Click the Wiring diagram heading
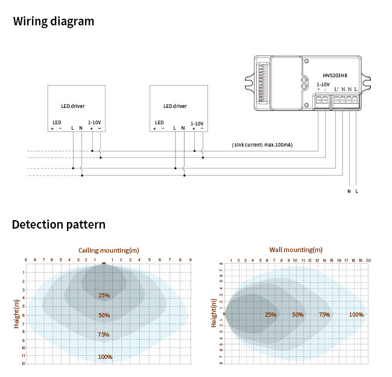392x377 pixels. (54, 22)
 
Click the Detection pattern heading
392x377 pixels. (58, 225)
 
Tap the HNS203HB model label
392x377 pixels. (335, 75)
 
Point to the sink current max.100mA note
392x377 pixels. (262, 145)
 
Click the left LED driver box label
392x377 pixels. (72, 106)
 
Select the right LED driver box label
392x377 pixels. (175, 106)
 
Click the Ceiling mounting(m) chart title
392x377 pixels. (109, 250)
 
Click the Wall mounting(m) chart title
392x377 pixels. (296, 249)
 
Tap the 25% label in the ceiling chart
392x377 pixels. (104, 296)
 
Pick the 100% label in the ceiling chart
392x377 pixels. (105, 357)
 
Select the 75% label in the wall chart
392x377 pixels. (324, 315)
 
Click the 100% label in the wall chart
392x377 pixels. (356, 315)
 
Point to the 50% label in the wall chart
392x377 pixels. (298, 315)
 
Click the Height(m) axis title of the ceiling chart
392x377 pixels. (17, 314)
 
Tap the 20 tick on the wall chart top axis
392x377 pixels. (368, 261)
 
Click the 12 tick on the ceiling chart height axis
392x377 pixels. (24, 364)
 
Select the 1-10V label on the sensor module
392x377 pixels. (323, 84)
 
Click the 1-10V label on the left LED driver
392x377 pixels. (95, 122)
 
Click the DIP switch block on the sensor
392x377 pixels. (262, 84)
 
